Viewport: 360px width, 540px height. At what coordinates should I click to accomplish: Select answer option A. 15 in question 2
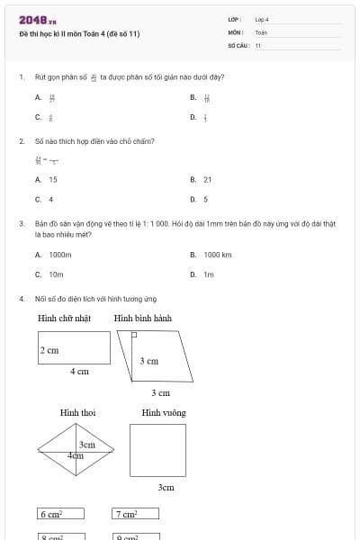(x=47, y=180)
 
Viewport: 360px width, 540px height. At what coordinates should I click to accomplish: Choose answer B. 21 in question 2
(x=202, y=180)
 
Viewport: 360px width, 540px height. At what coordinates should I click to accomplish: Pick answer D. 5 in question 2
(x=200, y=199)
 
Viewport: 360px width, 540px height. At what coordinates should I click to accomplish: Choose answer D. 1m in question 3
(x=202, y=274)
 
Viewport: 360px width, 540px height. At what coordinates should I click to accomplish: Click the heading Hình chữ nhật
(x=65, y=319)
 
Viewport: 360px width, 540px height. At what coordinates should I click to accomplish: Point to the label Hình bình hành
(x=143, y=319)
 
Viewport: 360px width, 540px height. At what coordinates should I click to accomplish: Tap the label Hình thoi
(x=77, y=412)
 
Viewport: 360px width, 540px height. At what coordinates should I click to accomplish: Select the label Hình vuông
(x=164, y=412)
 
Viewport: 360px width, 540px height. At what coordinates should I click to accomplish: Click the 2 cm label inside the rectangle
(x=49, y=350)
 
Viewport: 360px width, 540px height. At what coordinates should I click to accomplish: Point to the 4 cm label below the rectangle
(x=79, y=371)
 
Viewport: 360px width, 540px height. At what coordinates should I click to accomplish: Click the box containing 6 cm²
(x=60, y=514)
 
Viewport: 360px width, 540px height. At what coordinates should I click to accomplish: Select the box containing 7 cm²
(x=136, y=514)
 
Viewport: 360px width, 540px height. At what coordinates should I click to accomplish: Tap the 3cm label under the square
(x=166, y=487)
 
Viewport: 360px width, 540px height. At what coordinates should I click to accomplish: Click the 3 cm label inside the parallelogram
(x=148, y=361)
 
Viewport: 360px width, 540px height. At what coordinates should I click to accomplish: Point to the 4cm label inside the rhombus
(x=76, y=455)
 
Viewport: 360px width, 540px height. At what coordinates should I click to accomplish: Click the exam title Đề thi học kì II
(x=79, y=35)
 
